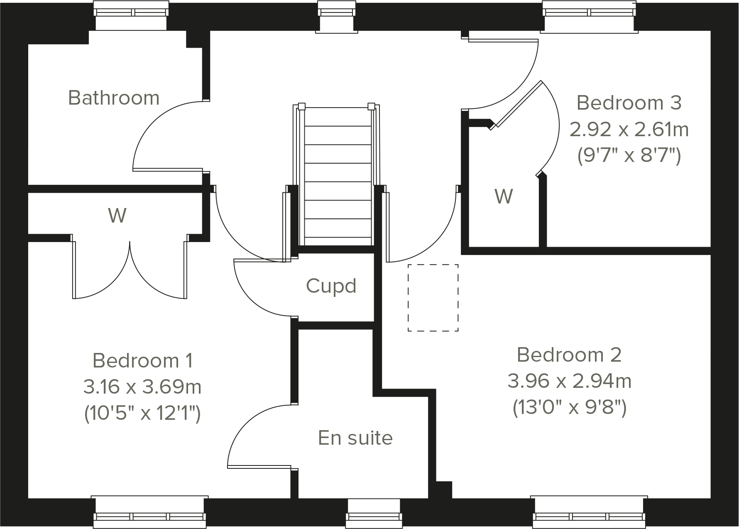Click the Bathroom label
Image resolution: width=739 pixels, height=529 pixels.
(114, 98)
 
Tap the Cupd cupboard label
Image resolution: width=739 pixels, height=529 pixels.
(331, 286)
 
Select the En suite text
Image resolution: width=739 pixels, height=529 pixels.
(355, 438)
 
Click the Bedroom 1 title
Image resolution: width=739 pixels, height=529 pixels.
(142, 360)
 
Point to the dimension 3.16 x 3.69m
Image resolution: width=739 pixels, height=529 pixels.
(142, 387)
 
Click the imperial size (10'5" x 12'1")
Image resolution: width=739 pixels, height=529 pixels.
(142, 414)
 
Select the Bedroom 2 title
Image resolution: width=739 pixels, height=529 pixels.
(569, 355)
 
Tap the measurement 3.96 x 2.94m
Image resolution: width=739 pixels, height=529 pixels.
(569, 381)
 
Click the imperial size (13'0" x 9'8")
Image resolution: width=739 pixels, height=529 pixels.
(569, 408)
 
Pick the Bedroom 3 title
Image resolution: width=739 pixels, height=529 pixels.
(629, 103)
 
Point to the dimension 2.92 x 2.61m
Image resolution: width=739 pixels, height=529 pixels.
(629, 130)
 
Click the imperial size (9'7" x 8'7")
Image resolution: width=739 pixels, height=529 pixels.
(629, 156)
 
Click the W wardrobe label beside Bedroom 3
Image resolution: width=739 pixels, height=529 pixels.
(504, 196)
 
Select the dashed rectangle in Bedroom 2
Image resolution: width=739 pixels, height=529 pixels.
(433, 298)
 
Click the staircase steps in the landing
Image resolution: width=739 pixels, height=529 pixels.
(338, 174)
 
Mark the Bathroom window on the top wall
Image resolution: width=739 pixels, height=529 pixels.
(131, 17)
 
